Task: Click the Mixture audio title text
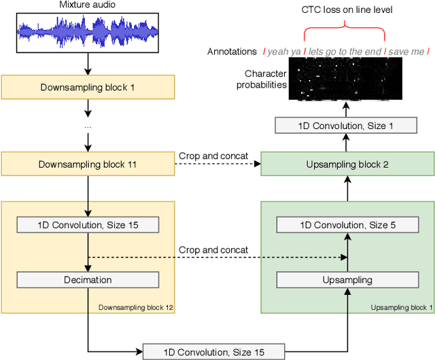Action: click(88, 5)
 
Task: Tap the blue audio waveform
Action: click(88, 32)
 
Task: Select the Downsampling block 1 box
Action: click(88, 87)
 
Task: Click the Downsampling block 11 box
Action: click(88, 164)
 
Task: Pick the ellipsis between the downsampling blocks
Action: click(88, 126)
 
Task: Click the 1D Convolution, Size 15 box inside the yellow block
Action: click(88, 225)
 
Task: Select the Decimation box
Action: click(88, 279)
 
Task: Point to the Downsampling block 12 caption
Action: click(136, 308)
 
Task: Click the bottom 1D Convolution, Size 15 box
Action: click(213, 351)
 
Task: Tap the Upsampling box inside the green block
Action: click(347, 279)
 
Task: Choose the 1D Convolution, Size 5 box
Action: click(347, 225)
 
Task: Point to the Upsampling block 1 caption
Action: click(401, 308)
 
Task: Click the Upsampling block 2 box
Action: click(347, 164)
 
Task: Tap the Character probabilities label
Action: click(261, 79)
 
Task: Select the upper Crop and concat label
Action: click(213, 156)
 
